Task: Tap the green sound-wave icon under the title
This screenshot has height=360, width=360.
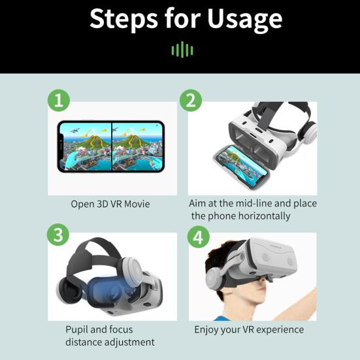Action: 182,50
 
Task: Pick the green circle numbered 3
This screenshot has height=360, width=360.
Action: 59,235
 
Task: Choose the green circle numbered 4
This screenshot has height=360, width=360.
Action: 199,237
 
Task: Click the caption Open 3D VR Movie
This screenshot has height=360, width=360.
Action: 110,204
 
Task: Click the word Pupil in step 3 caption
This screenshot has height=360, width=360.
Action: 77,329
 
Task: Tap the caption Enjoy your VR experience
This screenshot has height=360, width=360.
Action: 249,329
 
